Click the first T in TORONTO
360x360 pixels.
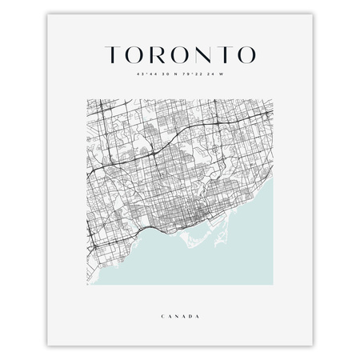pyautogui.click(x=114, y=54)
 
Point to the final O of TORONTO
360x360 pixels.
pyautogui.click(x=246, y=54)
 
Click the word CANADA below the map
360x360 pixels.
pyautogui.click(x=180, y=317)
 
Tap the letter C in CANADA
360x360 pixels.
pyautogui.click(x=162, y=317)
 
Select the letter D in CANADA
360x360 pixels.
pyautogui.click(x=190, y=317)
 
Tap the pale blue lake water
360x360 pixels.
pyautogui.click(x=232, y=256)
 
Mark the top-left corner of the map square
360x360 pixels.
pyautogui.click(x=87, y=99)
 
